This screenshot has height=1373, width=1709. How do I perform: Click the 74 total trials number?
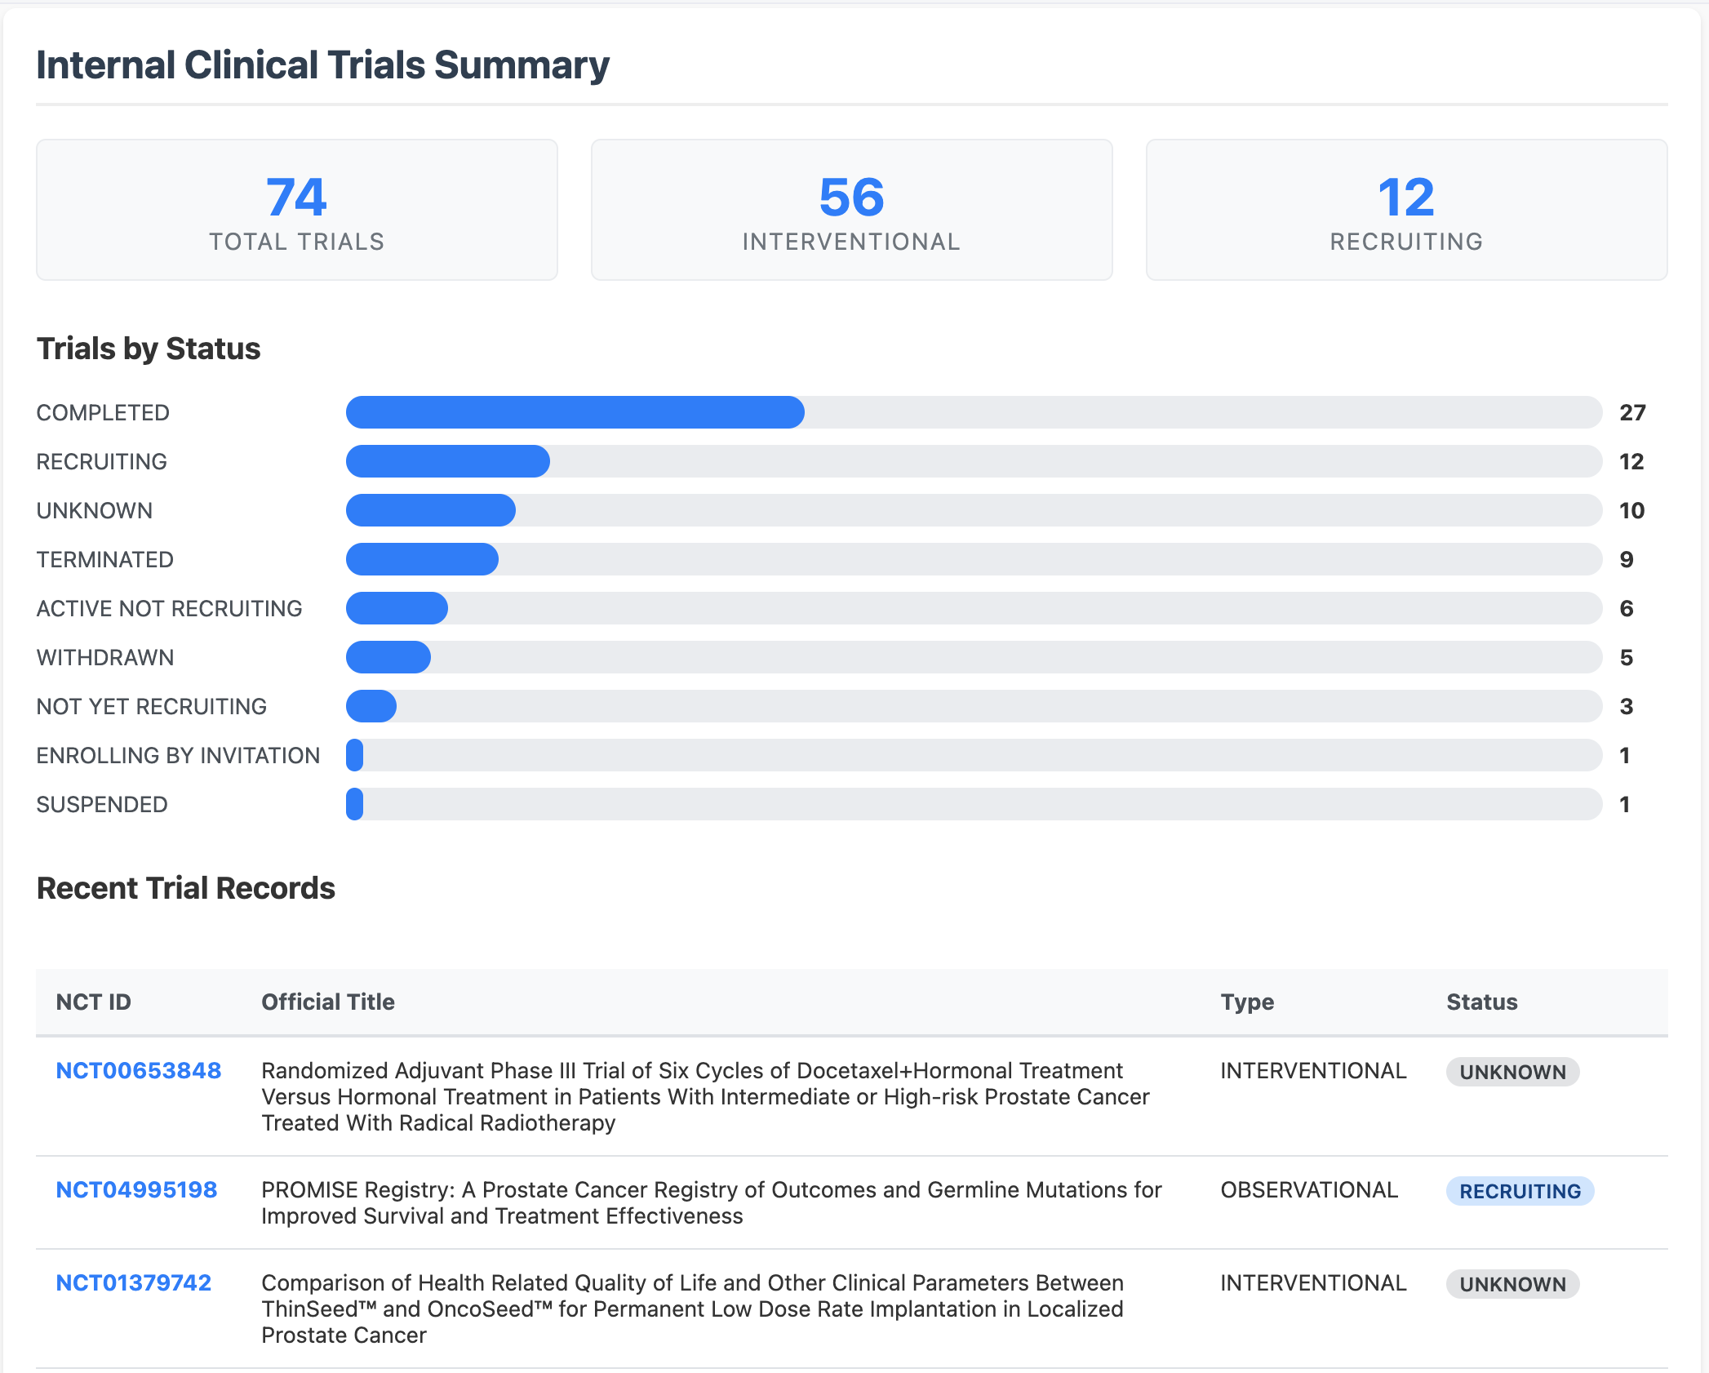296,198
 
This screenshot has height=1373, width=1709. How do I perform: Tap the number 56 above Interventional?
851,198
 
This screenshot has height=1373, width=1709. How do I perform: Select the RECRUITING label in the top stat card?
1405,242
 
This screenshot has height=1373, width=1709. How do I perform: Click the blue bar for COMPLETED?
575,412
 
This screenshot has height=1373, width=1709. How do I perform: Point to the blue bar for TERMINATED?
422,559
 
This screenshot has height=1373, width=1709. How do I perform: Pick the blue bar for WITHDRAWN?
388,657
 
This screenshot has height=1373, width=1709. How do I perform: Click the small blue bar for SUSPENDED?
354,804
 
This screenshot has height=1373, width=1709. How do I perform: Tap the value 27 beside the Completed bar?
1632,412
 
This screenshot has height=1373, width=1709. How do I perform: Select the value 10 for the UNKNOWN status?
1631,510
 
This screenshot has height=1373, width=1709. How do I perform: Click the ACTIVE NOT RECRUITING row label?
169,608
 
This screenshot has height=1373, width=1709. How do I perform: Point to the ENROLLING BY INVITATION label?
178,755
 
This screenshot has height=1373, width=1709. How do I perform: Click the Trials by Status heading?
149,349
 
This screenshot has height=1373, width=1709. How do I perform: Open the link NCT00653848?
138,1070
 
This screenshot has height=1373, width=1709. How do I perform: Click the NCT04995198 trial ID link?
136,1189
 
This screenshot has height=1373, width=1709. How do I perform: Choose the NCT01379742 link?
133,1282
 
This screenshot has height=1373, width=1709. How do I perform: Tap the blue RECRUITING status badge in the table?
1520,1191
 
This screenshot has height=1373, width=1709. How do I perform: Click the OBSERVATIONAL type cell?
1309,1189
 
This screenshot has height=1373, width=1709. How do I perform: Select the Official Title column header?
327,1002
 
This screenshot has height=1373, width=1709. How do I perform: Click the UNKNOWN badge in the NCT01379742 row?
1512,1284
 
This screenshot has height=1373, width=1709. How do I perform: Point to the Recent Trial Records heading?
186,888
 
